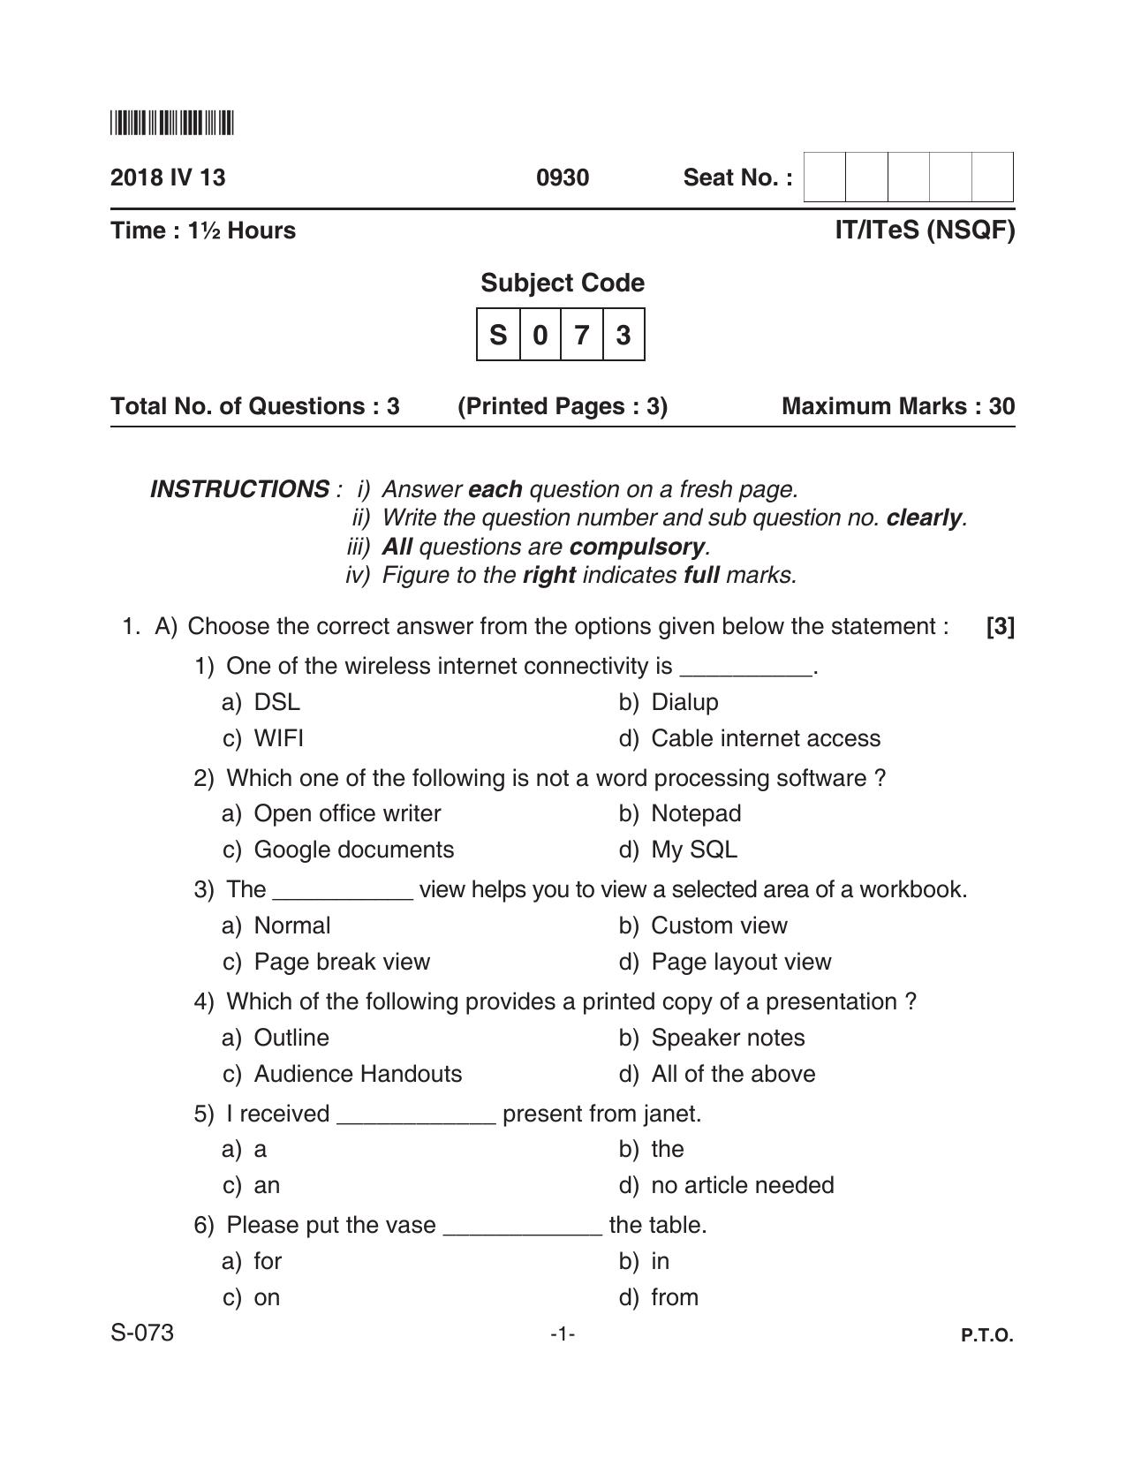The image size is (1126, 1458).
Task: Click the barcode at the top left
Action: (x=172, y=124)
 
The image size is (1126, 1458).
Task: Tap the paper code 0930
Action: (x=563, y=178)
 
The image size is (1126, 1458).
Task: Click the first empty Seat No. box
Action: (x=824, y=178)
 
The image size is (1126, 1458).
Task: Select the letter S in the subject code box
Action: (x=498, y=335)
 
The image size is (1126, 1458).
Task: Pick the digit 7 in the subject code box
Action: (x=581, y=335)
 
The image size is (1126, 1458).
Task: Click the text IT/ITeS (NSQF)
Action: (x=925, y=230)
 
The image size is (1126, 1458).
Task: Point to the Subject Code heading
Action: (x=563, y=283)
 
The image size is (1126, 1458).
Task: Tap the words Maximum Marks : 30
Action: (x=898, y=406)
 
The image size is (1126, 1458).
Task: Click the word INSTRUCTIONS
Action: (x=240, y=488)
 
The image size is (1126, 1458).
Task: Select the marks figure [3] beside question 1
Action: (x=1000, y=626)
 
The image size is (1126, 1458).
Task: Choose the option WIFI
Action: (x=278, y=738)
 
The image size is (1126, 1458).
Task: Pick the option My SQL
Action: (x=693, y=850)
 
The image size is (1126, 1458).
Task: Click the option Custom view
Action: (x=718, y=925)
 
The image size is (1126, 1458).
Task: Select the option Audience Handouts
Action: (x=358, y=1074)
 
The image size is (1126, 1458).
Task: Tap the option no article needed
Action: (x=742, y=1185)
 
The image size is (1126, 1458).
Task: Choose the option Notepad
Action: (x=695, y=813)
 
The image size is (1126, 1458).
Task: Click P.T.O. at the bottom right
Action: (x=986, y=1335)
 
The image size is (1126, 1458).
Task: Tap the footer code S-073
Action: (x=142, y=1333)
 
